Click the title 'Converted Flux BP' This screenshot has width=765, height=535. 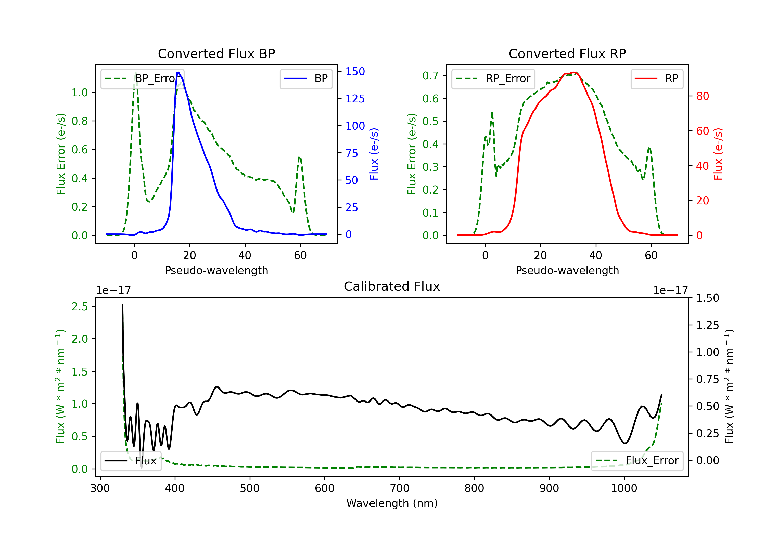click(x=216, y=53)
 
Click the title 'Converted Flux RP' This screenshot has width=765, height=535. click(x=567, y=53)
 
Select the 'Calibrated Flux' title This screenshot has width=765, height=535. click(x=392, y=286)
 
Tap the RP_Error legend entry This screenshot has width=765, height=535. click(x=493, y=78)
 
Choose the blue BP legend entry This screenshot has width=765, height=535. click(x=306, y=78)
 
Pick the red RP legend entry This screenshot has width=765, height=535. click(x=657, y=78)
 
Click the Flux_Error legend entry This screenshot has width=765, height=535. click(x=637, y=461)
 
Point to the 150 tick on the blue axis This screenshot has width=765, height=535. click(x=355, y=71)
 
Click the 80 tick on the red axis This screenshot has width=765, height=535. click(x=702, y=96)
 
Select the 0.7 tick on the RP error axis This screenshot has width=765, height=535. click(x=430, y=76)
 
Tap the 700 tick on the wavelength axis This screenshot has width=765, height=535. click(x=400, y=488)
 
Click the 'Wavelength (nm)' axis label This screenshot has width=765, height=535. click(x=392, y=503)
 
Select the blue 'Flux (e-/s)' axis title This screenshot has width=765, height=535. click(x=374, y=154)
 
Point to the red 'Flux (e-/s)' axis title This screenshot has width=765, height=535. click(x=718, y=154)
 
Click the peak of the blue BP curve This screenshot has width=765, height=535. click(x=178, y=72)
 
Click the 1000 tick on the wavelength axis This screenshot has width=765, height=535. click(x=624, y=488)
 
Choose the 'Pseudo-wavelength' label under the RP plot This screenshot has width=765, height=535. click(x=567, y=270)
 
